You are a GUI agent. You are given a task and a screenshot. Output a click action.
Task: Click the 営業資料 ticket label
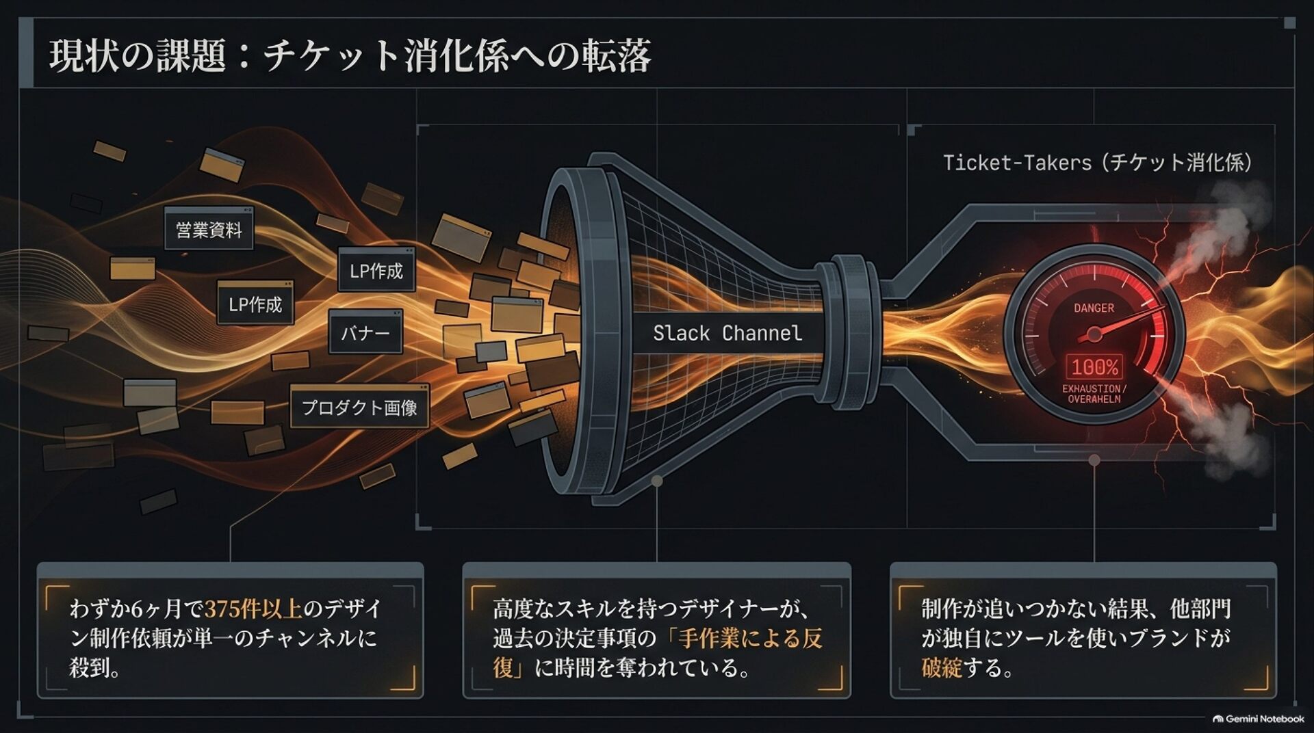click(209, 230)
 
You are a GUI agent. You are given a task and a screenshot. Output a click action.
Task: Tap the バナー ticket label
click(365, 334)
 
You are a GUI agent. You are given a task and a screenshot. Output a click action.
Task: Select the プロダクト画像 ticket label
click(359, 408)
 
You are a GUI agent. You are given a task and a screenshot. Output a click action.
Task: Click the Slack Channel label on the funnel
click(727, 334)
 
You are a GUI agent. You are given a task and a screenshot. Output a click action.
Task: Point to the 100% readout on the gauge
click(1094, 368)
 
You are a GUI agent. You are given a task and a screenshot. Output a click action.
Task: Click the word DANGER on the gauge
click(1094, 308)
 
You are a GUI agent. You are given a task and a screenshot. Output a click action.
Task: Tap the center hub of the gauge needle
click(1094, 334)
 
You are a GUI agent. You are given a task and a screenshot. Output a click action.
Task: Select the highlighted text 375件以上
click(253, 609)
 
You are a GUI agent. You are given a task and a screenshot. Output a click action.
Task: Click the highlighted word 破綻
click(942, 667)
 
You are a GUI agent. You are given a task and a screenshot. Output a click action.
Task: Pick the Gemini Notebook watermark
click(1259, 719)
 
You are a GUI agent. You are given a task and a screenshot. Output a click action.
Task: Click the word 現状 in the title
click(76, 55)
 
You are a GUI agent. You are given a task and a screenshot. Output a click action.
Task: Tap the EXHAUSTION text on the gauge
click(1092, 388)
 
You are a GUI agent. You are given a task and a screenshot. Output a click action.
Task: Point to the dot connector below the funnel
click(656, 481)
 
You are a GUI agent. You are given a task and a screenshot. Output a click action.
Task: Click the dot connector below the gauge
click(1094, 459)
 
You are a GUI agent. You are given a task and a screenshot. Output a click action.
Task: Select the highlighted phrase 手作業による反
click(751, 638)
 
